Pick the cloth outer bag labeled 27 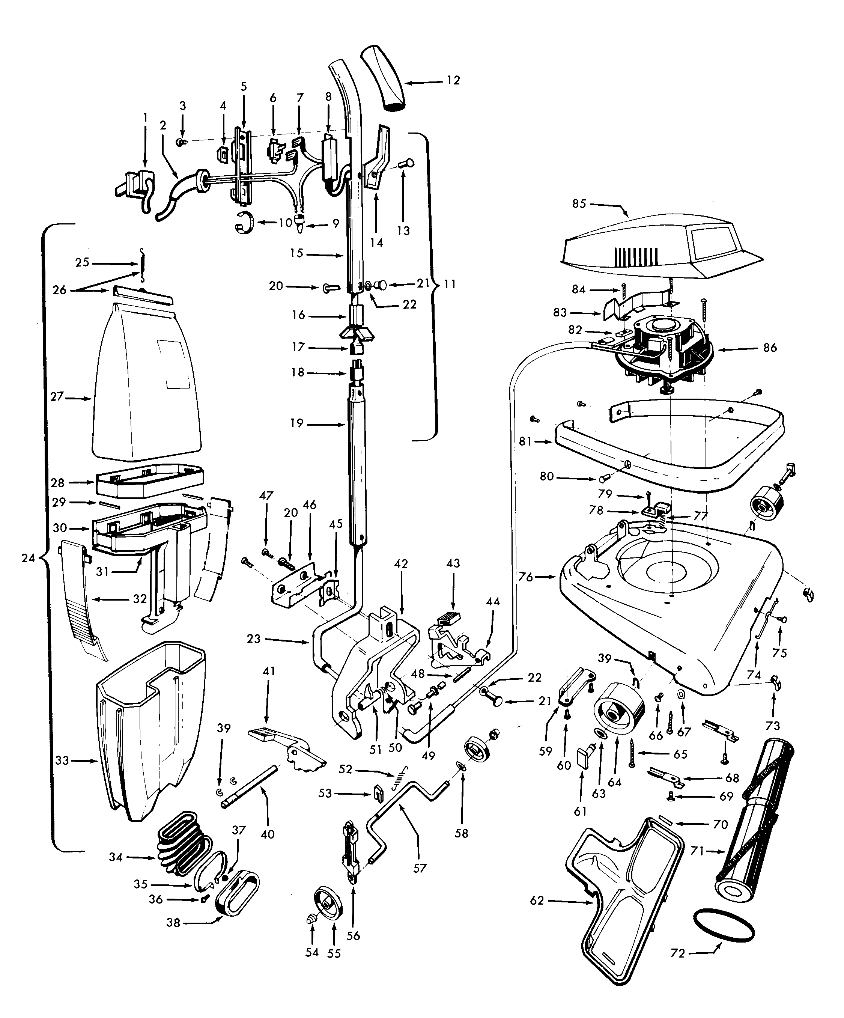[x=146, y=383]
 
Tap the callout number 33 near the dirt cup [x=62, y=760]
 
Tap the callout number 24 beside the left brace [x=28, y=559]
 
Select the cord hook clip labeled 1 [x=136, y=187]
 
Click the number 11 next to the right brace [x=450, y=284]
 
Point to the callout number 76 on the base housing [x=525, y=577]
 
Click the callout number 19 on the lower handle [x=297, y=423]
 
